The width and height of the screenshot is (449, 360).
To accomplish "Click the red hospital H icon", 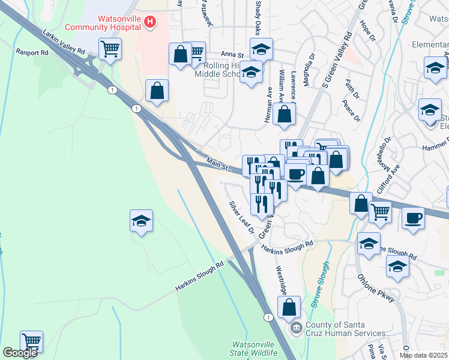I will pos(150,23).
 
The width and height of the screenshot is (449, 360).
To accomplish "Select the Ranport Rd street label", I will pos(32,52).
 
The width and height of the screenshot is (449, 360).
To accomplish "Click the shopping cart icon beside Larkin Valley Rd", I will pos(110,49).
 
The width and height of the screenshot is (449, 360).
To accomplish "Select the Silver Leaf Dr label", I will pos(241,217).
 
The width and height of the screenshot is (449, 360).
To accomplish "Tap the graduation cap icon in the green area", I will pos(141,221).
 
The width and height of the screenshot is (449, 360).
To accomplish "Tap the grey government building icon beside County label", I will pos(296,328).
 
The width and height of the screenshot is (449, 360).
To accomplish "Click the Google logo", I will pos(19,353).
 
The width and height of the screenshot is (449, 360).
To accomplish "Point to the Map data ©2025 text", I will pos(423,355).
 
